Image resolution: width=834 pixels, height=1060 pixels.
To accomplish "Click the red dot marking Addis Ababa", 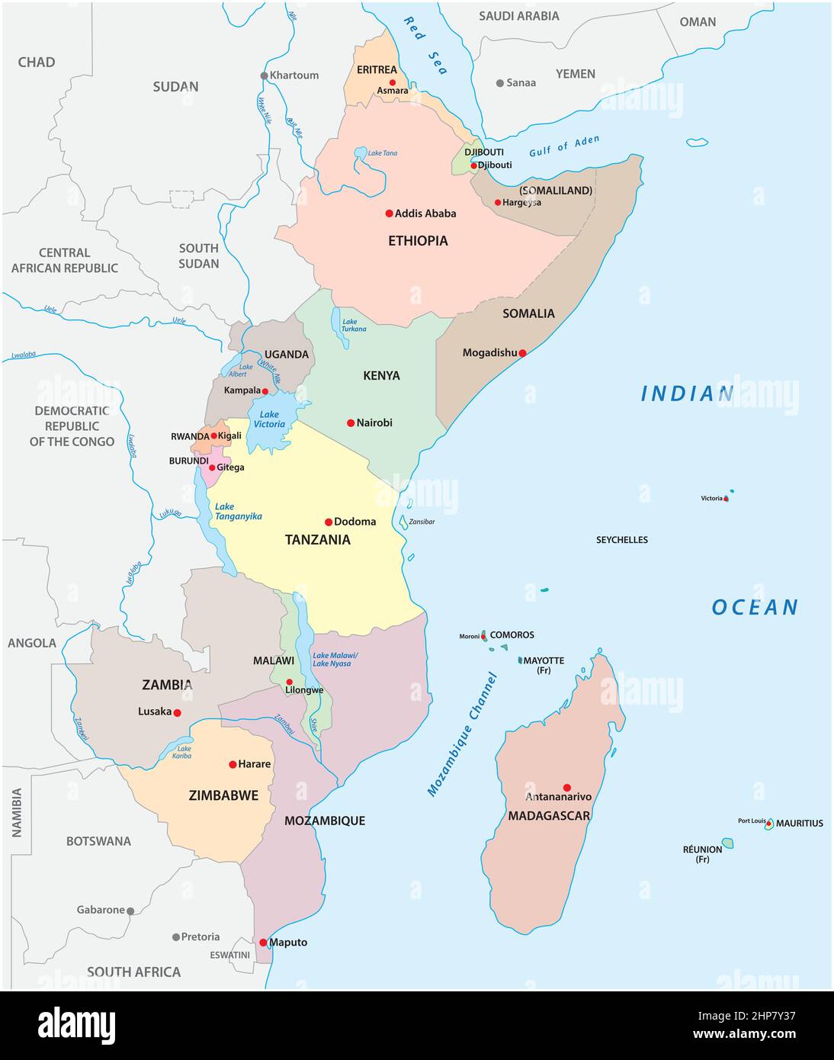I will [x=389, y=214].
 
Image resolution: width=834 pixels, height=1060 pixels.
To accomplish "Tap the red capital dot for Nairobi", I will [x=351, y=422].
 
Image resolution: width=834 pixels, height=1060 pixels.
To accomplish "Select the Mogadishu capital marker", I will [x=523, y=353].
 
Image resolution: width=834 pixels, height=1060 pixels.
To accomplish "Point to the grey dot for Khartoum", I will [x=265, y=75].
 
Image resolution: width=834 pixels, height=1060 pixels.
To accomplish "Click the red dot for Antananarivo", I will [x=566, y=787].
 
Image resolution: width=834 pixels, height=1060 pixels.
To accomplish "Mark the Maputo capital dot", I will [x=263, y=943].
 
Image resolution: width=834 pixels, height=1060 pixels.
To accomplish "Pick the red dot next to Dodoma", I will [x=329, y=522].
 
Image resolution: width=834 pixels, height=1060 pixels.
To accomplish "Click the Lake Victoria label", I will [x=269, y=419].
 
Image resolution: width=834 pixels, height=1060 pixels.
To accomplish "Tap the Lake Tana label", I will [x=383, y=153].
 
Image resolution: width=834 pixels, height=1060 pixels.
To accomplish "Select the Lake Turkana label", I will [x=354, y=326].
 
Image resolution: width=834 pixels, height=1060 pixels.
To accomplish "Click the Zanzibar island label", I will [x=422, y=522].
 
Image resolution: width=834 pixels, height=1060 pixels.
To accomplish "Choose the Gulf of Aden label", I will [x=564, y=146].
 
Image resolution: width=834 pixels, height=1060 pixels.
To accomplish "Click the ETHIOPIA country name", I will [x=418, y=241].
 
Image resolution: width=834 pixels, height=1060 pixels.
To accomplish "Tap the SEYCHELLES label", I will [x=621, y=540].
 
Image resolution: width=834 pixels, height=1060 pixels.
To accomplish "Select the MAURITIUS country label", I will [x=799, y=824].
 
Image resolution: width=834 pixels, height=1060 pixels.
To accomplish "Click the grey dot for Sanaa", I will [x=500, y=83].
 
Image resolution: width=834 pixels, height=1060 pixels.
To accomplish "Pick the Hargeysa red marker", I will [x=498, y=203].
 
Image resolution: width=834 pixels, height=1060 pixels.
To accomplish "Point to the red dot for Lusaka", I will [x=177, y=713].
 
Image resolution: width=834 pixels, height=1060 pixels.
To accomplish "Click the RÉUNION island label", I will [x=702, y=850].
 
